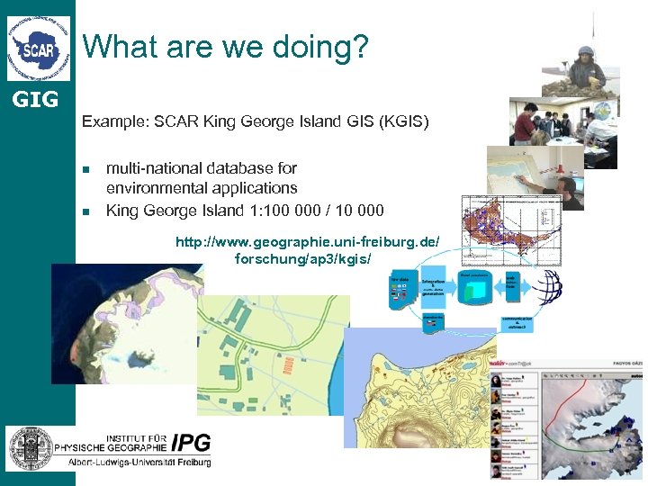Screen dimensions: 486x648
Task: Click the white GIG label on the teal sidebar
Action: tap(37, 99)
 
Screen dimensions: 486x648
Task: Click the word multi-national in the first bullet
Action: tap(149, 167)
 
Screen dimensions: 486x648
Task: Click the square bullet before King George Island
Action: tap(86, 211)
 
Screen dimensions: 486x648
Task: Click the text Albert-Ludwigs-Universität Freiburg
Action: tap(139, 463)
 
